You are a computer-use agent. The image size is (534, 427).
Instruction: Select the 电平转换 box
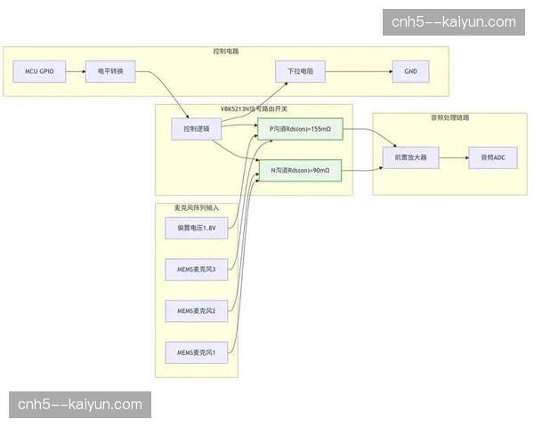pyautogui.click(x=110, y=71)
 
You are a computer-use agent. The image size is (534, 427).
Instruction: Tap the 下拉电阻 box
pyautogui.click(x=300, y=71)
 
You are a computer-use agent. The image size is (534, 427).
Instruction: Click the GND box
pyautogui.click(x=410, y=71)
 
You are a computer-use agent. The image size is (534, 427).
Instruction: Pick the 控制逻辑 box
pyautogui.click(x=196, y=130)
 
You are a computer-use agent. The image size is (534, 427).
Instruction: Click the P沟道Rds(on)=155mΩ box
pyautogui.click(x=300, y=130)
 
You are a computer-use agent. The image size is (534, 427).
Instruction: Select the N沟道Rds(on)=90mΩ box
pyautogui.click(x=300, y=169)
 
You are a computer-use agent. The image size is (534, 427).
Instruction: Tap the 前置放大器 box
pyautogui.click(x=405, y=157)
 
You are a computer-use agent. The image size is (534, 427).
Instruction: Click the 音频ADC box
pyautogui.click(x=492, y=157)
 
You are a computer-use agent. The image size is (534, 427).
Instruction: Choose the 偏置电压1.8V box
pyautogui.click(x=197, y=229)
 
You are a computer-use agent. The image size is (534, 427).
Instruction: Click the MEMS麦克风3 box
pyautogui.click(x=197, y=269)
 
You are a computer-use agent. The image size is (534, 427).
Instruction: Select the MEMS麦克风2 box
pyautogui.click(x=197, y=311)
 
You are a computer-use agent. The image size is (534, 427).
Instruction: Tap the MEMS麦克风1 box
pyautogui.click(x=197, y=352)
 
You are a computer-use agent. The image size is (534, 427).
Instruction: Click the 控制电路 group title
pyautogui.click(x=226, y=51)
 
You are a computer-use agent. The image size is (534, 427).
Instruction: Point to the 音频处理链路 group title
pyautogui.click(x=449, y=117)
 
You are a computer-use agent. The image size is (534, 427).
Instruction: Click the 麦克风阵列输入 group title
pyautogui.click(x=197, y=207)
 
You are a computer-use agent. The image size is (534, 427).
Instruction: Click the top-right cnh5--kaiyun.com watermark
pyautogui.click(x=453, y=22)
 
